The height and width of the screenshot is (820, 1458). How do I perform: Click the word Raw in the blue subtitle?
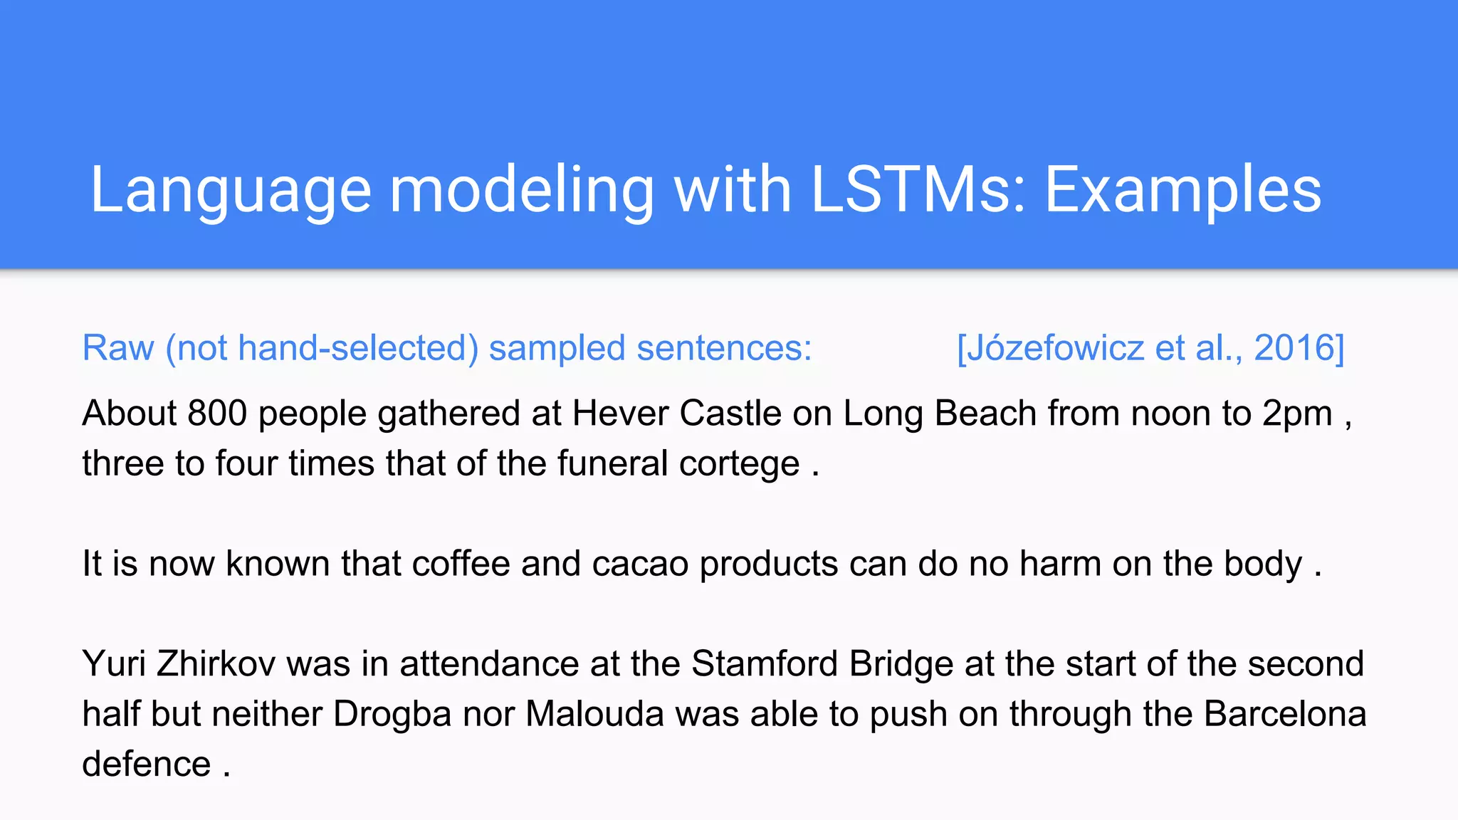point(118,348)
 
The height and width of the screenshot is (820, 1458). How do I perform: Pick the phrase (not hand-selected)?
point(322,348)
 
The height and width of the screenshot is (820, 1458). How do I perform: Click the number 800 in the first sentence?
point(217,414)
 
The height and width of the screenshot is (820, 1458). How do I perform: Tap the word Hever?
point(620,414)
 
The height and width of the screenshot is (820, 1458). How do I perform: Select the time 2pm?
point(1297,414)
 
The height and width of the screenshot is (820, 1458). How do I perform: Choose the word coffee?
point(461,564)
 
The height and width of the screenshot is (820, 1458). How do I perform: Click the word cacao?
point(640,564)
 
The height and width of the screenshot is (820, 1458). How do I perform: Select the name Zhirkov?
point(216,664)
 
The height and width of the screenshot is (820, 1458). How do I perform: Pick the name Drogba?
point(392,714)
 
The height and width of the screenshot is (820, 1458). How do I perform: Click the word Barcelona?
point(1285,714)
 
